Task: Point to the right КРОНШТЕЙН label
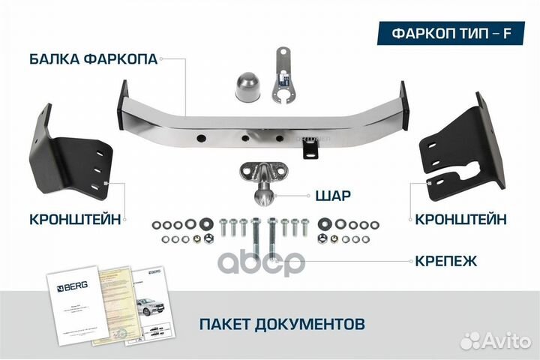(x=458, y=219)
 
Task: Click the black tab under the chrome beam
(x=310, y=148)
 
